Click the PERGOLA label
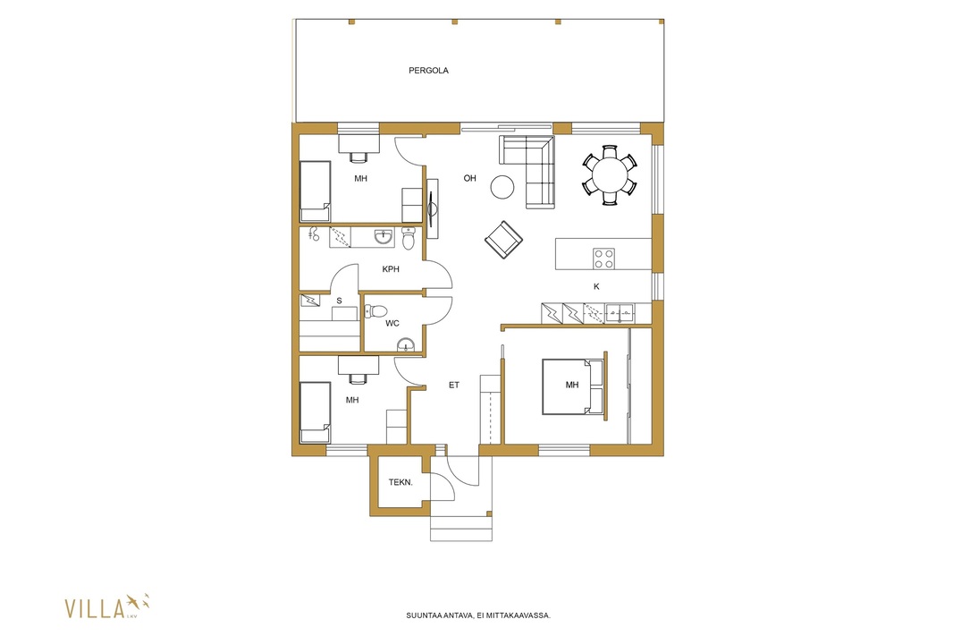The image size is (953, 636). pos(428,71)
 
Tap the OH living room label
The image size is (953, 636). pos(470,178)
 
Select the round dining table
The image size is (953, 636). pos(611,175)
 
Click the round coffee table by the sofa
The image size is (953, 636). pos(502,187)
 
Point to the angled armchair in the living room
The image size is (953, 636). pos(504,239)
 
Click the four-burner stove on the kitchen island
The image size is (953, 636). pos(604,259)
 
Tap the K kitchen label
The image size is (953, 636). pos(596,286)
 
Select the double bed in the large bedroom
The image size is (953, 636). pos(574,386)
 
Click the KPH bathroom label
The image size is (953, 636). pos(391,268)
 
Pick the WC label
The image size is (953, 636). pos(392,323)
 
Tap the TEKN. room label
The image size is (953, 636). pos(401,482)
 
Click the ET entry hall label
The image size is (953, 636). pos(454,385)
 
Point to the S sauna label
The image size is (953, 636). pos(339,301)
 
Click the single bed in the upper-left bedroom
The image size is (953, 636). pos(316,191)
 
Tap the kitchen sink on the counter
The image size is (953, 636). pos(620,313)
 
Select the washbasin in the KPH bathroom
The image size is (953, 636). pos(384,236)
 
